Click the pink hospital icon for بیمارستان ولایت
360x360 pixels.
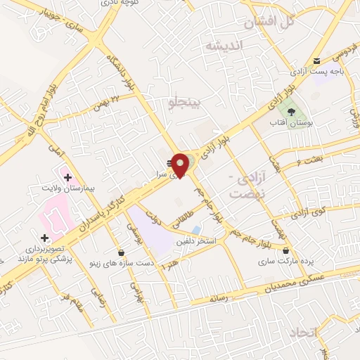pos(67,176)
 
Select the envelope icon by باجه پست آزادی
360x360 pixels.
pos(317,60)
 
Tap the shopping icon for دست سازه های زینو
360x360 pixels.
pos(122,252)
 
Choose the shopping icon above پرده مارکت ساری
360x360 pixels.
pos(285,250)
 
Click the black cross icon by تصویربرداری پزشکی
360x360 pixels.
pos(45,238)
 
